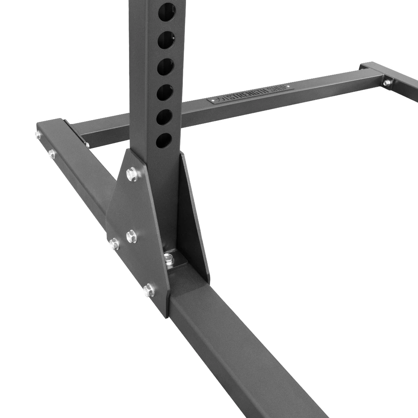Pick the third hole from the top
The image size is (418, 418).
point(165,67)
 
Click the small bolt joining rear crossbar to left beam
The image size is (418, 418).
point(87,144)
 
